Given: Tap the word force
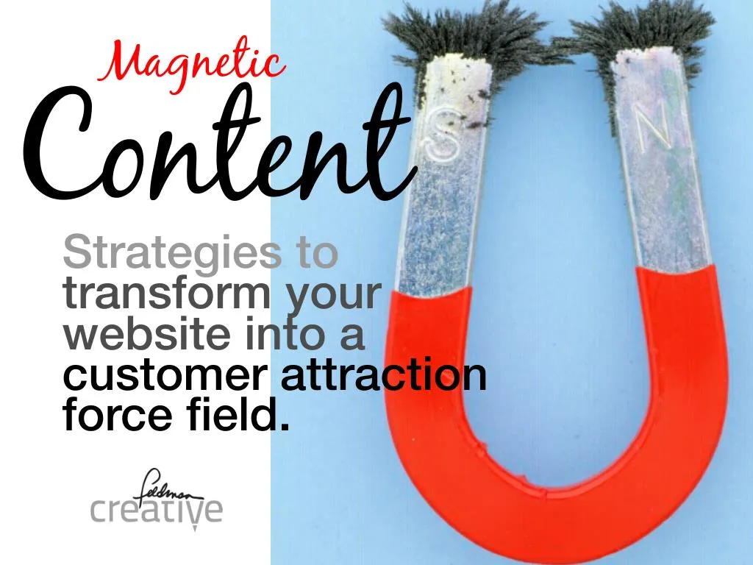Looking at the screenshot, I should point(107,416).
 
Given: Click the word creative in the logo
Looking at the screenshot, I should point(156,510).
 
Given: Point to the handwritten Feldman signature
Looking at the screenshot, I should point(162,484).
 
